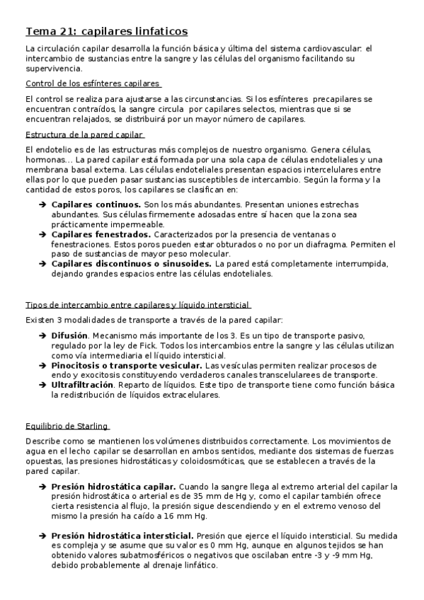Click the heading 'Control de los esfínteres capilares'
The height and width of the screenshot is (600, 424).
click(x=92, y=83)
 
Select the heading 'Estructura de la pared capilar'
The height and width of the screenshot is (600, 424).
click(x=84, y=134)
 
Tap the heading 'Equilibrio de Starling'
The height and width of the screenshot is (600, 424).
click(x=66, y=426)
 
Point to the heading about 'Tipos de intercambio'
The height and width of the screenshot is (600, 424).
click(x=137, y=305)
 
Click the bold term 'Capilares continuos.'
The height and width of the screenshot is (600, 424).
click(x=96, y=204)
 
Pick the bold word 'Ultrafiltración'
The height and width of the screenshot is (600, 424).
click(x=82, y=384)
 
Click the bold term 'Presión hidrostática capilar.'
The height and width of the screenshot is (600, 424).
click(x=114, y=487)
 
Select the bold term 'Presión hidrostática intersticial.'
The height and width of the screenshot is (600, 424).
click(x=123, y=536)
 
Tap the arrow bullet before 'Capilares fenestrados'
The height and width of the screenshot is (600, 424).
click(x=42, y=233)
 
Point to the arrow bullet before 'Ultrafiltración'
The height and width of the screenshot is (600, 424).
click(x=42, y=384)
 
